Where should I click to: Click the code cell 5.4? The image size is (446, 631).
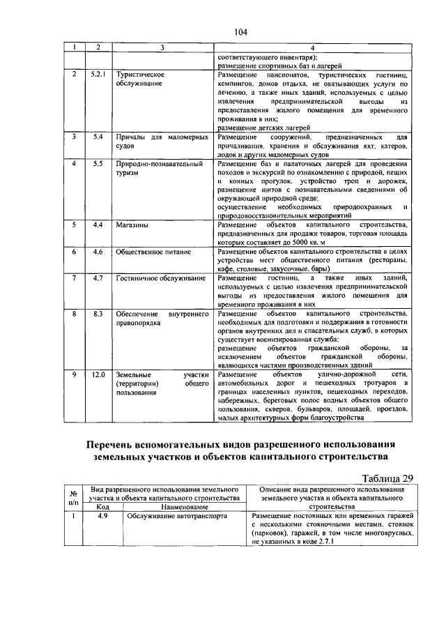coord(98,138)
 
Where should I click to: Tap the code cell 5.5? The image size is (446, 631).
coord(98,164)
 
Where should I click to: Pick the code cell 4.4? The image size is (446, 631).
coord(98,225)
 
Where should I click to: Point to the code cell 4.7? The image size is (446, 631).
coord(98,278)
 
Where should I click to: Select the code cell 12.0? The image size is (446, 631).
coord(98,374)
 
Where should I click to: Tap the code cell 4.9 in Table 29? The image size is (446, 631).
coord(102,517)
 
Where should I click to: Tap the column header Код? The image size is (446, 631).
coord(102,507)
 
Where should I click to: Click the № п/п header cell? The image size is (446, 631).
coord(73,496)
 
